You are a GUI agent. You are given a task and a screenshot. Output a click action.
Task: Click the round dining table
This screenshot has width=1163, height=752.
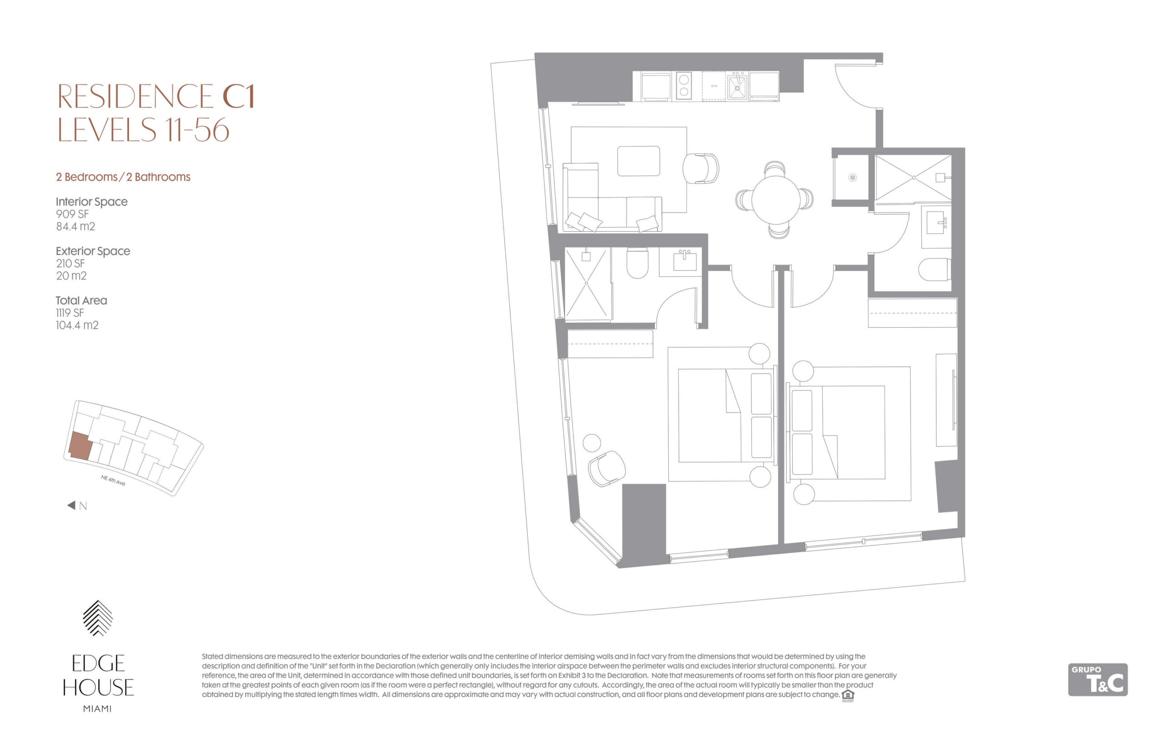point(775,199)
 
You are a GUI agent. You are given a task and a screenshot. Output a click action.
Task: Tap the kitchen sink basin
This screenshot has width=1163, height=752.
point(736,87)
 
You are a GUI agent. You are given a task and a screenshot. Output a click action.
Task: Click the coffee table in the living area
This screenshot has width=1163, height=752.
point(638,161)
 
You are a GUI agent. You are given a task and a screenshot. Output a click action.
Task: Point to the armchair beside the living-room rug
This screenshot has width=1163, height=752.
point(700,168)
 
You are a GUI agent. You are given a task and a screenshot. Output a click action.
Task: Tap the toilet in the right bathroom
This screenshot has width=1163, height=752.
point(934,270)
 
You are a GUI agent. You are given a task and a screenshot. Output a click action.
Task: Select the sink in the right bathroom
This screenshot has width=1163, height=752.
point(936,222)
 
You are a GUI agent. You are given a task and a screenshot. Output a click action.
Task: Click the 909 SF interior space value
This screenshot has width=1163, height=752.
point(72,214)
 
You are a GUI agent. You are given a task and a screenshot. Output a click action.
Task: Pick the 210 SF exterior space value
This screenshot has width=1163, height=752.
point(70,263)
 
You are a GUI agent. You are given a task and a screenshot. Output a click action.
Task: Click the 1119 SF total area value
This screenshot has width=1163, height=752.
point(70,312)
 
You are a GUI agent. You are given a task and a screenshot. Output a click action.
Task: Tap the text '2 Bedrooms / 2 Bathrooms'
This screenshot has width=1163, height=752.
point(123,177)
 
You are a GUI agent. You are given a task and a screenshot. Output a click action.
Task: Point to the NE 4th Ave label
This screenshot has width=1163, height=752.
point(113,480)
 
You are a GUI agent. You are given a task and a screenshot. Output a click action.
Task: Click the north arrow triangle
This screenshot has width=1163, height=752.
point(71,505)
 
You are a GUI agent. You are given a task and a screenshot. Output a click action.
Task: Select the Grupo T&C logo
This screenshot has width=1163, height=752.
point(1097,679)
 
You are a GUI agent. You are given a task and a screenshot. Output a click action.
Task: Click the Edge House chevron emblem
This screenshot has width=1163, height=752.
point(98,618)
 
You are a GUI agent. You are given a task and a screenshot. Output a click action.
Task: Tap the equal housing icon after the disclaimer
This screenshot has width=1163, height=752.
point(848,695)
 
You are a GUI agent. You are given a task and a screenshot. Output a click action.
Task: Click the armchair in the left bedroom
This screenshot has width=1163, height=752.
point(606,469)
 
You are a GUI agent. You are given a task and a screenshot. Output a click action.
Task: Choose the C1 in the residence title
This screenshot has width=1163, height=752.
point(239,96)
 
